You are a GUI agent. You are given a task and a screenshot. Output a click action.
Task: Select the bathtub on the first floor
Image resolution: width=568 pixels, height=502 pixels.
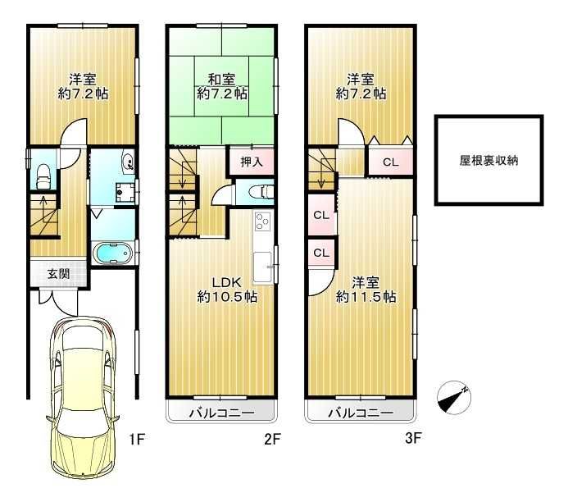coord(111,253)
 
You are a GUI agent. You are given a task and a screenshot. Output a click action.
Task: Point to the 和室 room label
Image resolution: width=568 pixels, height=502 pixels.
coord(222,80)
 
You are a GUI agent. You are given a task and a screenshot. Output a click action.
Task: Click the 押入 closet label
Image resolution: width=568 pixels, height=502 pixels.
coord(252,162)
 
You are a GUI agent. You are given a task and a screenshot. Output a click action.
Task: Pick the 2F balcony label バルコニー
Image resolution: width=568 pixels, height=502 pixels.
coord(222,411)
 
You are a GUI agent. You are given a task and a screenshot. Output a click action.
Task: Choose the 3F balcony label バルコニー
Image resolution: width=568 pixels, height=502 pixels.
coord(361,411)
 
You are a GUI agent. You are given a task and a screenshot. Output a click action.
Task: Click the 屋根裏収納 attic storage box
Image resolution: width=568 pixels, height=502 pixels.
coord(488,161)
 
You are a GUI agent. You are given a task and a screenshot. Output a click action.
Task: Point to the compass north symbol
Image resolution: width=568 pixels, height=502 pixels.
coord(455,397)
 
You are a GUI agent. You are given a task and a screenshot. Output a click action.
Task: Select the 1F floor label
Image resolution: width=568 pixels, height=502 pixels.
coord(136,439)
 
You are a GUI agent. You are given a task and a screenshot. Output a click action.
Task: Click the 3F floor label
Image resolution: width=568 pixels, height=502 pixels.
coord(412,439)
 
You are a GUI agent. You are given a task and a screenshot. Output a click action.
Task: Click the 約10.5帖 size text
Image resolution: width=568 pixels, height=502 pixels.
coord(227,297)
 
